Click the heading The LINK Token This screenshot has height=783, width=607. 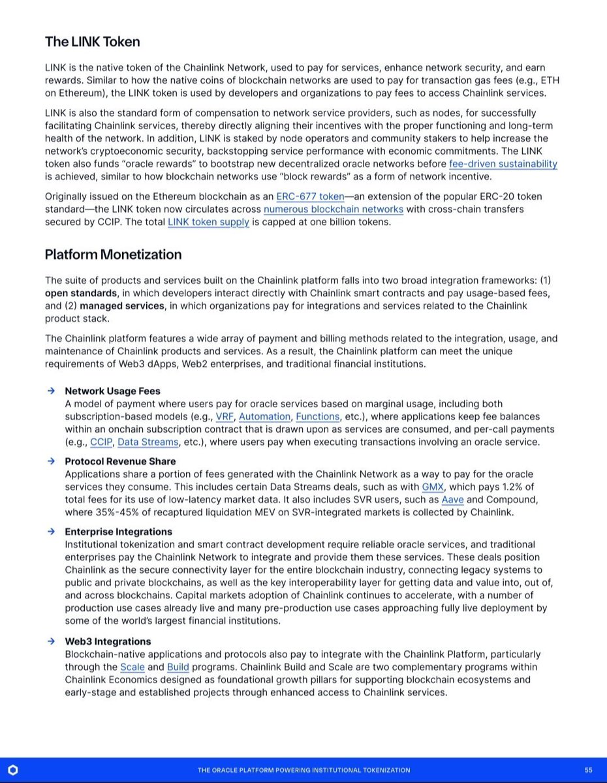pyautogui.click(x=92, y=42)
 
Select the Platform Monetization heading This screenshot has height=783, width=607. pyautogui.click(x=113, y=254)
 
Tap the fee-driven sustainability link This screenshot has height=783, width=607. pyautogui.click(x=503, y=164)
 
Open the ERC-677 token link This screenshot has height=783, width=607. pyautogui.click(x=311, y=196)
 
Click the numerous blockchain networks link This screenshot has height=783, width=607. pyautogui.click(x=334, y=209)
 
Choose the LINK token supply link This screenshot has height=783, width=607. pyautogui.click(x=208, y=222)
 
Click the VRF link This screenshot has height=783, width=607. pyautogui.click(x=225, y=416)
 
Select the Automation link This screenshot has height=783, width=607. pyautogui.click(x=264, y=416)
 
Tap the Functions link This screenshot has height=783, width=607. pyautogui.click(x=318, y=416)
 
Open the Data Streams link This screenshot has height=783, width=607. pyautogui.click(x=148, y=442)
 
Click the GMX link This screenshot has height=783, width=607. pyautogui.click(x=433, y=487)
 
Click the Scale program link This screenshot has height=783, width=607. pyautogui.click(x=132, y=667)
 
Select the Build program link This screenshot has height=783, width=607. pyautogui.click(x=178, y=667)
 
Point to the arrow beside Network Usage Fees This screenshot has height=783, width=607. pyautogui.click(x=50, y=391)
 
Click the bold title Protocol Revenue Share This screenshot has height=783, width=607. pyautogui.click(x=120, y=461)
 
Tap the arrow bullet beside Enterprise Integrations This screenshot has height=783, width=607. pyautogui.click(x=50, y=531)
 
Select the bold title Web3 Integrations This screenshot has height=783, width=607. pyautogui.click(x=108, y=641)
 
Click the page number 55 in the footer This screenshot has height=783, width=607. pyautogui.click(x=588, y=770)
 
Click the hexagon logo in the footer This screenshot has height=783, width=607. pyautogui.click(x=13, y=770)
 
